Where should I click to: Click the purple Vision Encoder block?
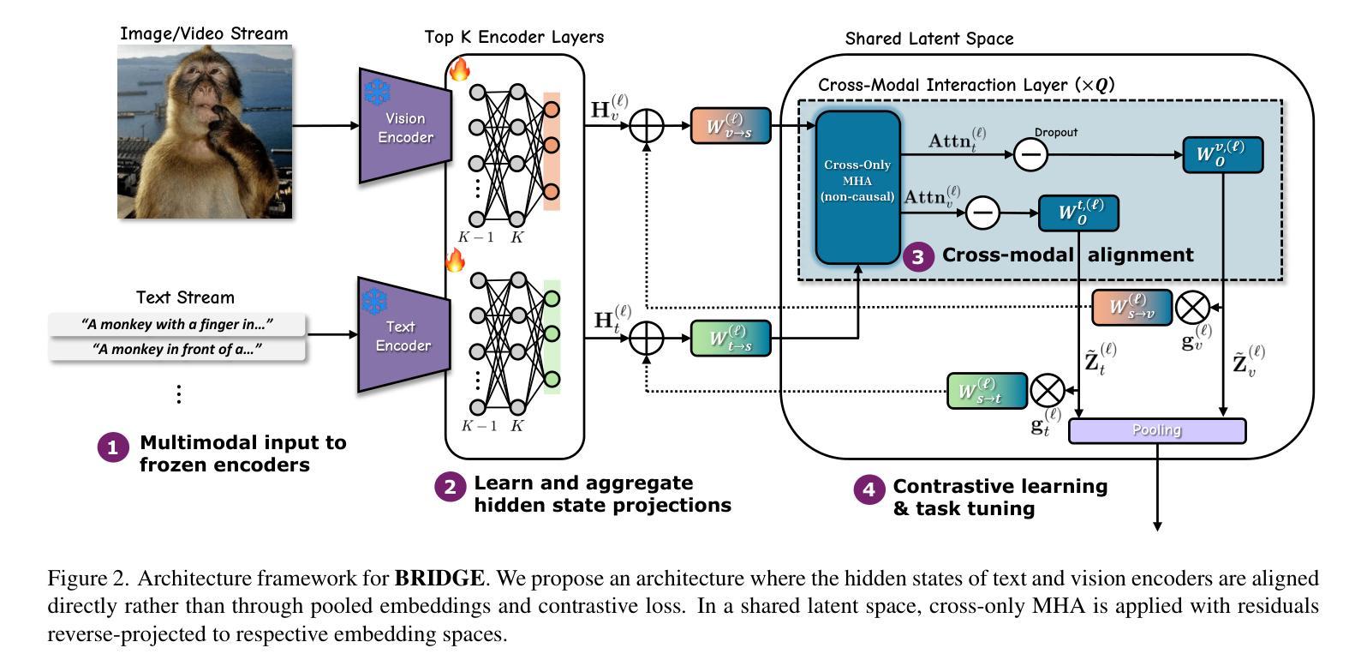(x=405, y=127)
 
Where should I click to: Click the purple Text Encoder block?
(x=403, y=335)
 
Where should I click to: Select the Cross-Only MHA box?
(x=857, y=186)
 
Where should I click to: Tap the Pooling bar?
(x=1157, y=430)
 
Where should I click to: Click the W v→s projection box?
(x=731, y=125)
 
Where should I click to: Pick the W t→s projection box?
(x=731, y=339)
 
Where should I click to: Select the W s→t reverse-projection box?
(x=987, y=391)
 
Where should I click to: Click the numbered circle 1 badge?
(x=113, y=447)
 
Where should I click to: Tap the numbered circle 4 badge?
(x=869, y=489)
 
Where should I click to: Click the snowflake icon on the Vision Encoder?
(x=378, y=92)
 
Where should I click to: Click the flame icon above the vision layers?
(x=460, y=68)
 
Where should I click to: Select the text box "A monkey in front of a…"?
(x=177, y=349)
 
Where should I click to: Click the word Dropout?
(x=1055, y=132)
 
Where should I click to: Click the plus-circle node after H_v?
(x=647, y=126)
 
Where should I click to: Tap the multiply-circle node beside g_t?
(x=1047, y=391)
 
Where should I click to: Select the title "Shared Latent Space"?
(x=928, y=39)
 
